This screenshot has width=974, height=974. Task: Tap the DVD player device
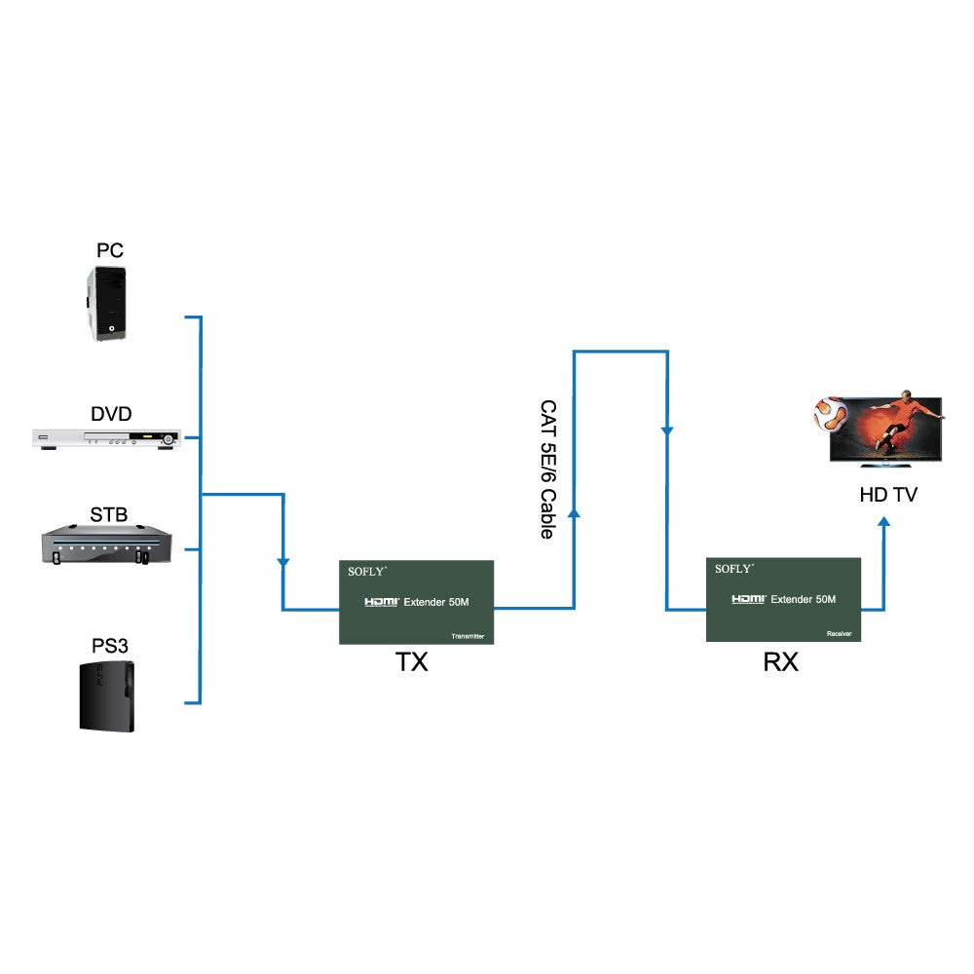point(107,440)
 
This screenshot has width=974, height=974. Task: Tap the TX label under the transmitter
point(412,663)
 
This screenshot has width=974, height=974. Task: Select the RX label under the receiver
point(780,663)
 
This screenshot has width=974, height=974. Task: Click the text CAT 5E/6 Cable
point(547,469)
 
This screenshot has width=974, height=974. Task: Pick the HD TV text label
point(887,495)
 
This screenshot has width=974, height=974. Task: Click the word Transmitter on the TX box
point(468,636)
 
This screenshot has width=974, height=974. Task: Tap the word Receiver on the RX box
point(840,633)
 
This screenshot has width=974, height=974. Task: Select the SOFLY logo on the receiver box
point(734,569)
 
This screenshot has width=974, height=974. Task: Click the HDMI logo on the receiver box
point(748,599)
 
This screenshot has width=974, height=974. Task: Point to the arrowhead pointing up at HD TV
point(884,524)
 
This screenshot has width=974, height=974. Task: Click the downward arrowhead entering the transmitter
point(282,563)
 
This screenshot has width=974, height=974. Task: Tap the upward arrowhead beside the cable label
point(574,510)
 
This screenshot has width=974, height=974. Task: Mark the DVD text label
point(111,414)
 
